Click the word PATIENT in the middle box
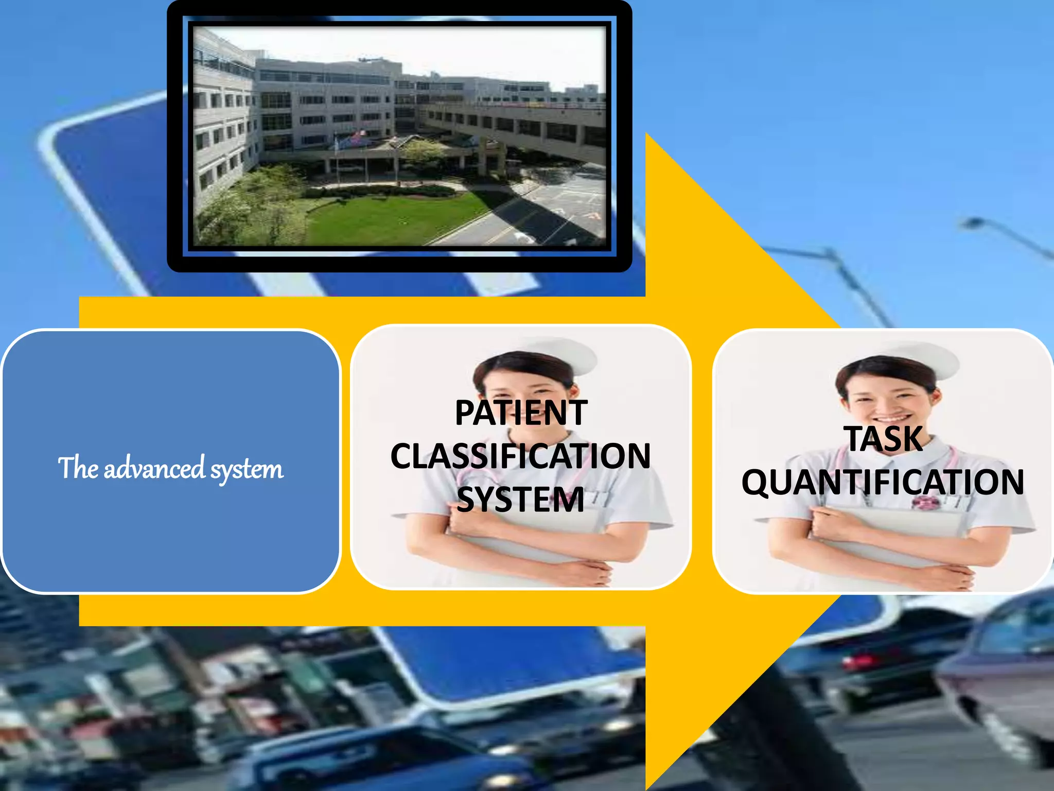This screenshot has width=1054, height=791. [x=521, y=413]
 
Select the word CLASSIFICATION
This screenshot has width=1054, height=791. [x=521, y=456]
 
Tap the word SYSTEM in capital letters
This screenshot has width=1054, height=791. [x=521, y=500]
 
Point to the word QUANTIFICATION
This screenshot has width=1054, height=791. [x=883, y=483]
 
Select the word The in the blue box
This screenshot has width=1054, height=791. [x=78, y=468]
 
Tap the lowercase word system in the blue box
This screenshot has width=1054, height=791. [x=247, y=470]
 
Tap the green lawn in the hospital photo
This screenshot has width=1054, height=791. [x=391, y=216]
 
